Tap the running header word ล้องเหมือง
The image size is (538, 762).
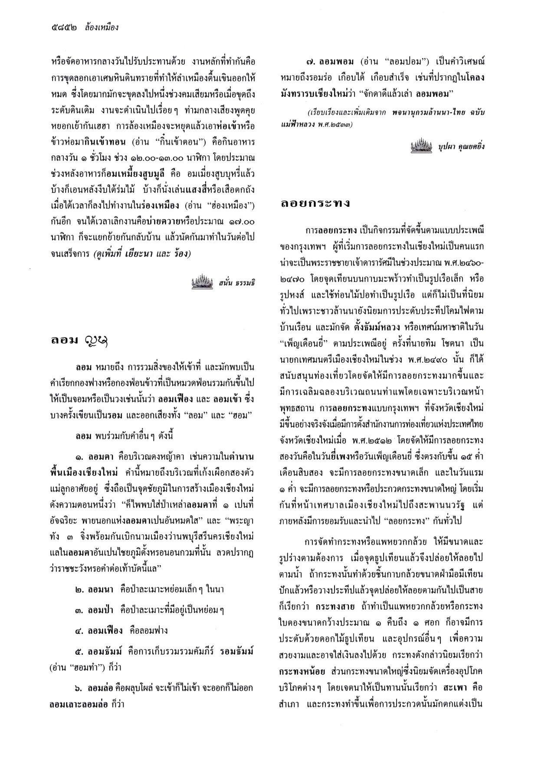(102, 28)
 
